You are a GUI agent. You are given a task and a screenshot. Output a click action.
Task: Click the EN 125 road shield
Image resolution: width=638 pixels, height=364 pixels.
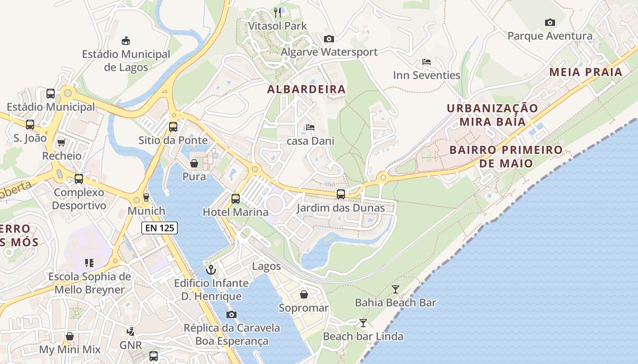click(159, 228)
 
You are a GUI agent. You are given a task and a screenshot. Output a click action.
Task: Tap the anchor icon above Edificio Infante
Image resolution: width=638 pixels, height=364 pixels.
click(211, 270)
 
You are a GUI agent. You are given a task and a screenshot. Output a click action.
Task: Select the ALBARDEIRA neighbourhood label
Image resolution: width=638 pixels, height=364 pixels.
click(306, 90)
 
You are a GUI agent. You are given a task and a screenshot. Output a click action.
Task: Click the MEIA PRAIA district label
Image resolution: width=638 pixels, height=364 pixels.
click(586, 72)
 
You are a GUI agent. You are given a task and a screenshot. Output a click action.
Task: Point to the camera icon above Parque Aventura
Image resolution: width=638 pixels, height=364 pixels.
click(550, 22)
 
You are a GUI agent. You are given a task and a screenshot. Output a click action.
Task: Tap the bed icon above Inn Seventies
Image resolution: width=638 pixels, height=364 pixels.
click(427, 62)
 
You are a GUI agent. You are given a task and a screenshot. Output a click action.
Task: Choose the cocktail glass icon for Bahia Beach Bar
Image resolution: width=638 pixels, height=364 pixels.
click(395, 289)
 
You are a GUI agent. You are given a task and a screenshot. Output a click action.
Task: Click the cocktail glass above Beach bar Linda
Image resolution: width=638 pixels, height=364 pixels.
click(363, 323)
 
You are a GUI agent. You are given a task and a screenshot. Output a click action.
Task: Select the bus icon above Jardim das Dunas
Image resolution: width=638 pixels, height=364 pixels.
click(340, 194)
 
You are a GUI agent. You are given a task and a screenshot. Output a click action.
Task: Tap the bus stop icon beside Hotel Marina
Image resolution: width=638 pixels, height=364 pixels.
click(235, 198)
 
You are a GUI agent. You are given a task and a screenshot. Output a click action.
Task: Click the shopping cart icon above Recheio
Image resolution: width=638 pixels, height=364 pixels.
click(62, 142)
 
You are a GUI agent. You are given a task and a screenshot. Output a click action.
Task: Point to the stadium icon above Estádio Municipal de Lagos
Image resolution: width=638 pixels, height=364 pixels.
click(126, 41)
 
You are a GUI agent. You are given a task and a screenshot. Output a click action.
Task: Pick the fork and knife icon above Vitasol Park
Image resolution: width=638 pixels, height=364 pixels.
click(278, 12)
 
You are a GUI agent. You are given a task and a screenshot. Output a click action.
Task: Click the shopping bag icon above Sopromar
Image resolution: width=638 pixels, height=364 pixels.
click(304, 295)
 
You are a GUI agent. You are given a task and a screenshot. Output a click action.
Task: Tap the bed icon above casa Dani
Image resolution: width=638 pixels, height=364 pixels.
click(310, 127)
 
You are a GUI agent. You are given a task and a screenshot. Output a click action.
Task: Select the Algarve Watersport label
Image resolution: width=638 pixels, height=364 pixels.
click(329, 52)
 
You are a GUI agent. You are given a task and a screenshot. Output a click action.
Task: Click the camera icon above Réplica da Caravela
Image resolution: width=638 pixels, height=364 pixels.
click(231, 314)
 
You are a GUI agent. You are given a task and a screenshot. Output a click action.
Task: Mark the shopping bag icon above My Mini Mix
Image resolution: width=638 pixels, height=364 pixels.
click(70, 336)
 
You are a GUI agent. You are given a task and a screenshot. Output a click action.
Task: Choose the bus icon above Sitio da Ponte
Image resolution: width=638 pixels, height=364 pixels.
click(173, 126)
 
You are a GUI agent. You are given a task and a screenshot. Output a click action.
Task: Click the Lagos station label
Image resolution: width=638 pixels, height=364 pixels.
click(267, 266)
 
